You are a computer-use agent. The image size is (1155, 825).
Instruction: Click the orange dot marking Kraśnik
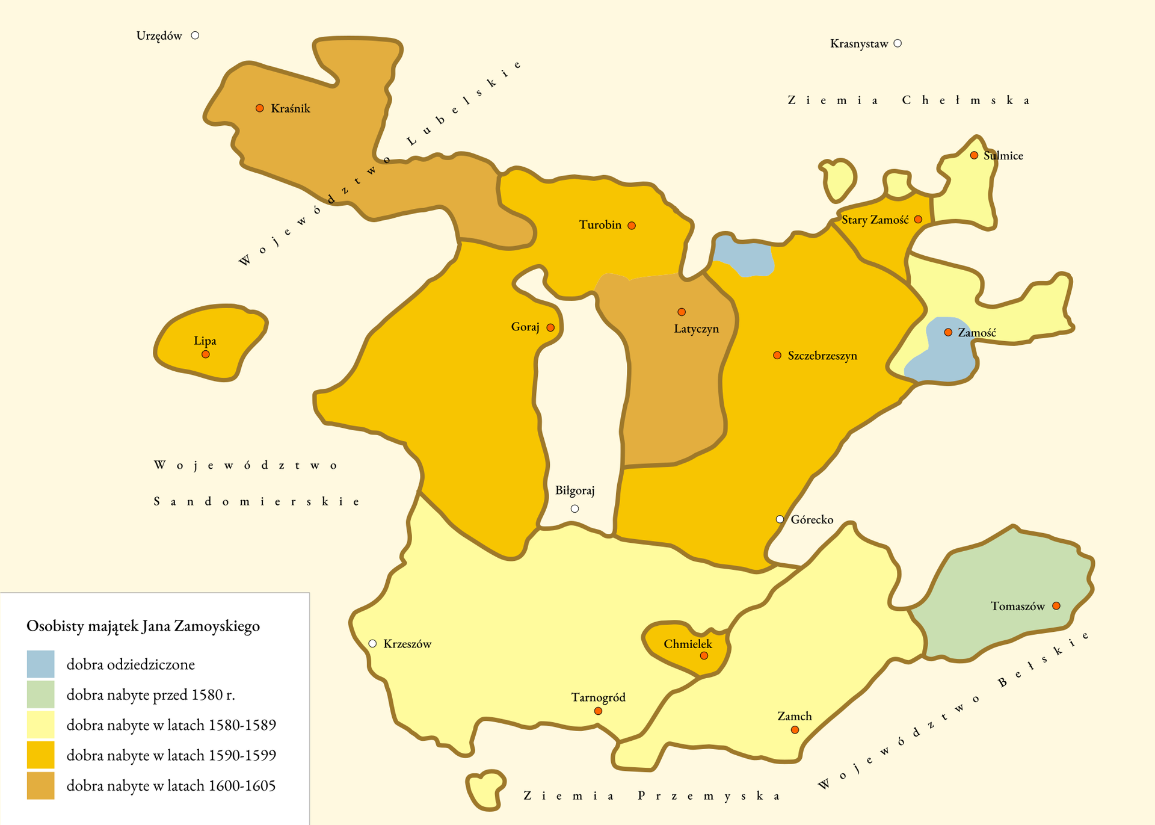click(x=259, y=108)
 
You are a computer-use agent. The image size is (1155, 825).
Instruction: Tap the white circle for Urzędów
click(x=195, y=36)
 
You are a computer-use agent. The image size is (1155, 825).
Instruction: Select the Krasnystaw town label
click(x=858, y=44)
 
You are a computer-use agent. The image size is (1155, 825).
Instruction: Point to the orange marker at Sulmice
click(x=974, y=155)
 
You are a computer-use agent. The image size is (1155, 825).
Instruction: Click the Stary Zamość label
click(x=875, y=220)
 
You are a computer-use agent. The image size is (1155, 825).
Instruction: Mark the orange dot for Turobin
click(x=632, y=226)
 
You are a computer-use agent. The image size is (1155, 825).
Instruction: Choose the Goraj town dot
click(x=550, y=327)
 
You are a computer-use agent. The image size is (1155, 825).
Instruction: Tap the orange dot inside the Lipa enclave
click(x=206, y=354)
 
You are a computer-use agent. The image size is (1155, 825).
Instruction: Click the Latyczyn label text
click(x=696, y=329)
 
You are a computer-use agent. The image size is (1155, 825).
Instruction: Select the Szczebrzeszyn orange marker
click(x=777, y=356)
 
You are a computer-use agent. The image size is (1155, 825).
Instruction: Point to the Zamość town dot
click(x=948, y=332)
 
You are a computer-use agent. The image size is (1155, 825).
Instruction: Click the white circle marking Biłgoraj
click(x=574, y=508)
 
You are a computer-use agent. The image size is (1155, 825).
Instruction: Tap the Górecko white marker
click(x=780, y=519)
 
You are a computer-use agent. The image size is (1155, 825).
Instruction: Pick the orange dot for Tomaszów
click(x=1056, y=606)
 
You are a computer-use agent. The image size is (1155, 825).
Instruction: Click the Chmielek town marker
click(x=704, y=655)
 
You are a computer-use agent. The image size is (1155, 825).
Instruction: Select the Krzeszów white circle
click(x=372, y=644)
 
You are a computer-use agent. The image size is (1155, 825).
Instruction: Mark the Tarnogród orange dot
click(x=598, y=711)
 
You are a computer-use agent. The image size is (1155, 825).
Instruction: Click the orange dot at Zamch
click(x=795, y=730)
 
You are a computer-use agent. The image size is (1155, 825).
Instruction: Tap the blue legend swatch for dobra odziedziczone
click(x=40, y=664)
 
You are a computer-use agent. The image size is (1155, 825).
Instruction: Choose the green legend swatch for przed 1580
click(x=40, y=694)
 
